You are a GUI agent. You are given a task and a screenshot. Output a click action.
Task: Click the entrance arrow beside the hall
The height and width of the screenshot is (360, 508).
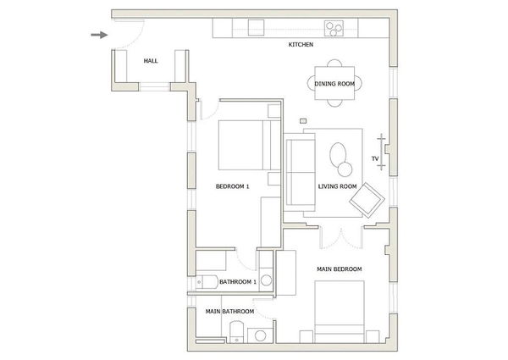(x=100, y=35)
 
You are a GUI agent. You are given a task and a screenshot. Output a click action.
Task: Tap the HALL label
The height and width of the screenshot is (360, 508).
(x=151, y=61)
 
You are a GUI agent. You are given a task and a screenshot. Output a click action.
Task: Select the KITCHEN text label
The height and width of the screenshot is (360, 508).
(x=301, y=44)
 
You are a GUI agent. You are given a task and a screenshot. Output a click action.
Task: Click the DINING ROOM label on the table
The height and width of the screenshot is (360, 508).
(x=334, y=83)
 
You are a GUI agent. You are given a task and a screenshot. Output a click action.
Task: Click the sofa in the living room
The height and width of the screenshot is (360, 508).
(x=298, y=172)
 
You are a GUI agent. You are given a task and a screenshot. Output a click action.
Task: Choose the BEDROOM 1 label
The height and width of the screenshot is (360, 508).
(x=232, y=186)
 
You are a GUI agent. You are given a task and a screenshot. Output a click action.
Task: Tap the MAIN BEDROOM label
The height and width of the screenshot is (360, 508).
(x=339, y=269)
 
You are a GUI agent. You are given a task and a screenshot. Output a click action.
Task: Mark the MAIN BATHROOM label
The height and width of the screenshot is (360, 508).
(x=230, y=311)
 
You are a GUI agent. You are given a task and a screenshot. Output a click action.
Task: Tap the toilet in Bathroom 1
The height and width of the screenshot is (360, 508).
(x=204, y=282)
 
